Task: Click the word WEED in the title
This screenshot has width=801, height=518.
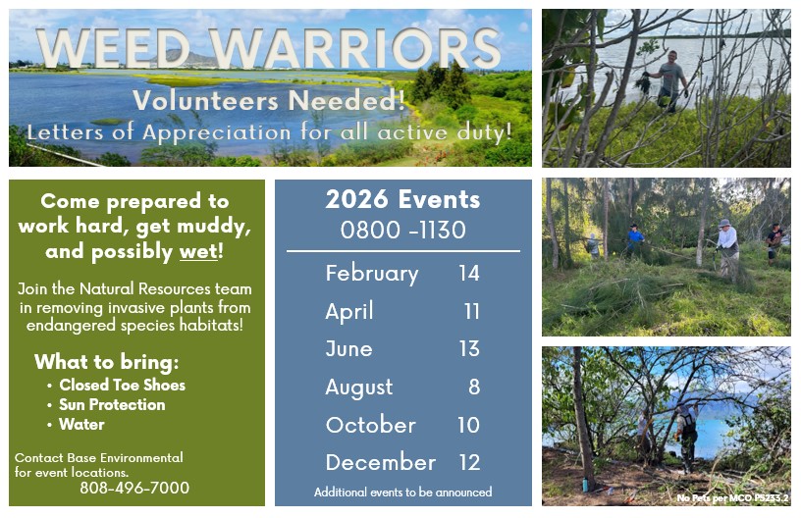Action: click(x=114, y=48)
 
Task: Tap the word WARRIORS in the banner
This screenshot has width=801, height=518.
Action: click(x=354, y=48)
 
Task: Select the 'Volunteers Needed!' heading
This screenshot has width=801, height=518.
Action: click(x=269, y=100)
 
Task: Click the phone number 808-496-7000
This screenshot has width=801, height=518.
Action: click(x=134, y=488)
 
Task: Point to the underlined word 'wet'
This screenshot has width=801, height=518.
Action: click(x=198, y=251)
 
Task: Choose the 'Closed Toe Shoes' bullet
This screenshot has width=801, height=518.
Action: click(x=122, y=385)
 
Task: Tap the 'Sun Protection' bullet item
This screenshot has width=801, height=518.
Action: click(x=112, y=405)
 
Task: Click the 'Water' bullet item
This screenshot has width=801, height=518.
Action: click(x=81, y=424)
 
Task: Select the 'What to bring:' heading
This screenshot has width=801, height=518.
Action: click(x=107, y=362)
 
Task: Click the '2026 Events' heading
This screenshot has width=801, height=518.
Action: click(x=403, y=199)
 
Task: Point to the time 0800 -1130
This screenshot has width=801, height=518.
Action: click(x=403, y=231)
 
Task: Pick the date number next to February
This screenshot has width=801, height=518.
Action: click(x=469, y=273)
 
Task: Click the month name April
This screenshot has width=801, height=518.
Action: click(x=349, y=311)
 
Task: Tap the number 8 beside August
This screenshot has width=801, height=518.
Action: click(x=474, y=387)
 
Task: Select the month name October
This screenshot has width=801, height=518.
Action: click(x=371, y=425)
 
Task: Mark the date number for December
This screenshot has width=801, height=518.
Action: click(x=469, y=462)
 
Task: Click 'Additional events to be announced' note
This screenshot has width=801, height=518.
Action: click(x=403, y=492)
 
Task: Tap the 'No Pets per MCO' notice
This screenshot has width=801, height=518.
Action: click(x=732, y=498)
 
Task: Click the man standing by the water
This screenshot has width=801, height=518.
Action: click(x=668, y=81)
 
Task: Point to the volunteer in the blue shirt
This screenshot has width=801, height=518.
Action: click(x=634, y=239)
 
